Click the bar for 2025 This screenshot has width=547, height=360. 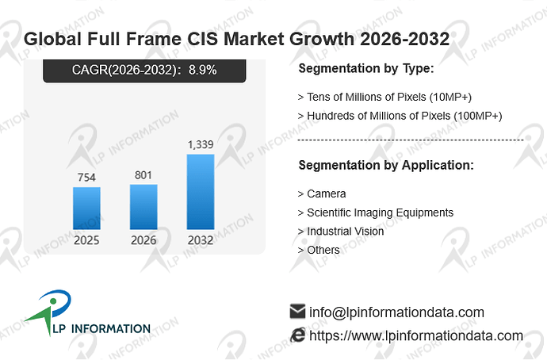pyautogui.click(x=86, y=209)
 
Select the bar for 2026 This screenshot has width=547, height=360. pyautogui.click(x=143, y=207)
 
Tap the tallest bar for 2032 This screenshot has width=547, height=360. pyautogui.click(x=201, y=192)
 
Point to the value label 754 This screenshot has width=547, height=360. pyautogui.click(x=86, y=177)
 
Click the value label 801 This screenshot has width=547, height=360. pyautogui.click(x=143, y=174)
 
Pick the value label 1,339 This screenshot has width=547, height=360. pyautogui.click(x=201, y=144)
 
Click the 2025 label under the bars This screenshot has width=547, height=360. pyautogui.click(x=86, y=240)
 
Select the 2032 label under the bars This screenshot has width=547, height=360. pyautogui.click(x=201, y=240)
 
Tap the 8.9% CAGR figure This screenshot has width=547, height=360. pyautogui.click(x=203, y=70)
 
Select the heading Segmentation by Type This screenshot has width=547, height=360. pyautogui.click(x=366, y=68)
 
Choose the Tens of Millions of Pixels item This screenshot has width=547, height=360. pyautogui.click(x=384, y=97)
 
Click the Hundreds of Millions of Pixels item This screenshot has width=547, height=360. pyautogui.click(x=400, y=116)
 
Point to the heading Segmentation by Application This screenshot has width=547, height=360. pyautogui.click(x=386, y=165)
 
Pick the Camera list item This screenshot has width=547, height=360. pyautogui.click(x=322, y=194)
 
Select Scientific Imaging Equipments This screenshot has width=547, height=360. pyautogui.click(x=376, y=213)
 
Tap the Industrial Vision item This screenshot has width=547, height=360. pyautogui.click(x=341, y=232)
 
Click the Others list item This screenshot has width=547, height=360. pyautogui.click(x=319, y=250)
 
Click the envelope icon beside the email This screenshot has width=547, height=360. pyautogui.click(x=297, y=312)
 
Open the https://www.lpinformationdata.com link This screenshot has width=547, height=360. pyautogui.click(x=416, y=336)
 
